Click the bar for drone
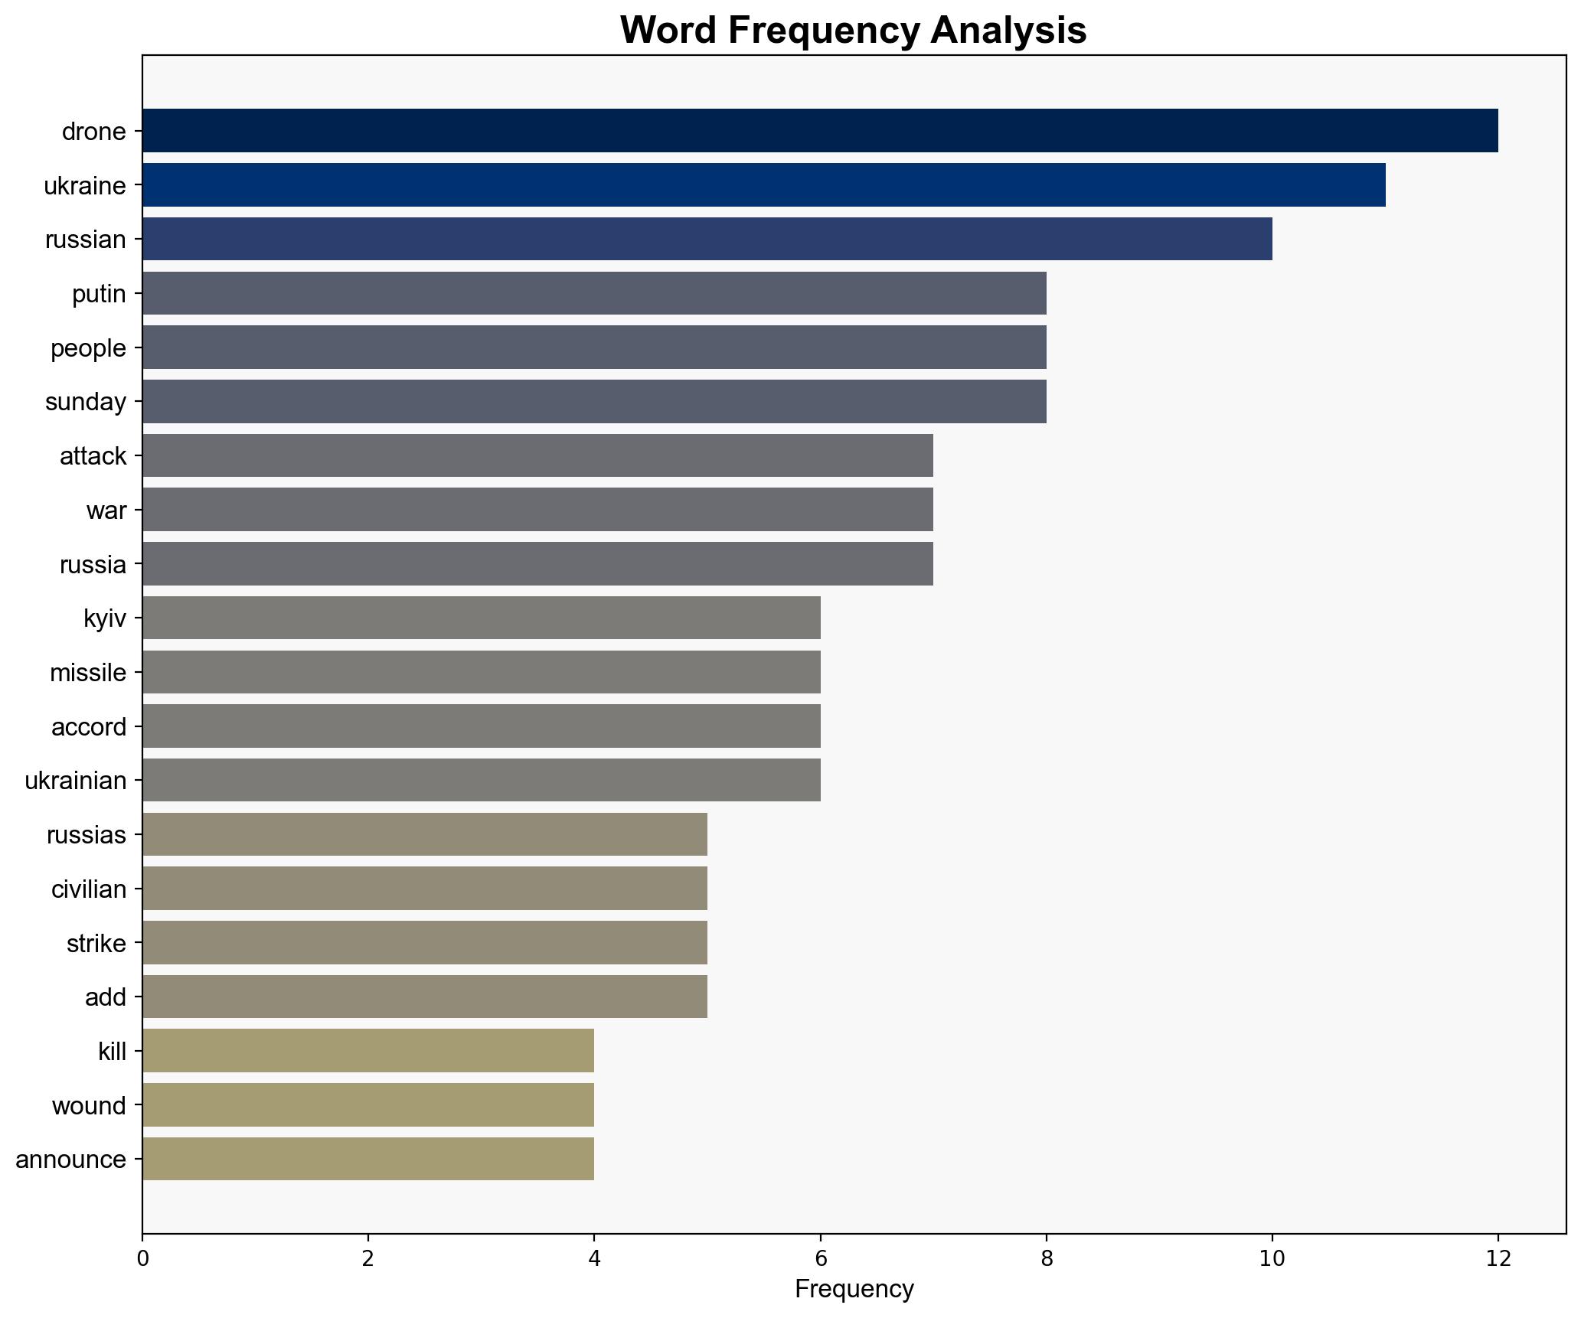pos(819,131)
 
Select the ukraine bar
pos(763,185)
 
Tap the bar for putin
pos(594,293)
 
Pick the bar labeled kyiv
pos(481,618)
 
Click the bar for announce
pos(367,1159)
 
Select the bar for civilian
pos(424,889)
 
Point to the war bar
pos(537,510)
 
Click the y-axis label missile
pos(88,673)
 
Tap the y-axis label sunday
pos(86,402)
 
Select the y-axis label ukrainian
pos(76,781)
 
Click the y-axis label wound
pos(89,1106)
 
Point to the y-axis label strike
pos(96,944)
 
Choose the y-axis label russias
pos(87,835)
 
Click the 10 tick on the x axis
pos(1272,1259)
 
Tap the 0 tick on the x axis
pos(142,1259)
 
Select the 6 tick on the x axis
pos(820,1259)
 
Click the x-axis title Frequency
pos(854,1290)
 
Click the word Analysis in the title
pos(1008,31)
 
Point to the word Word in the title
pos(668,31)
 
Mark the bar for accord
pos(481,726)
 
